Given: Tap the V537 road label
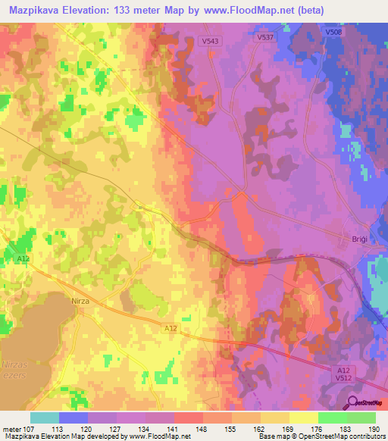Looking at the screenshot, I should [264, 36].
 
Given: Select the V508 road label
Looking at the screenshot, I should [334, 33].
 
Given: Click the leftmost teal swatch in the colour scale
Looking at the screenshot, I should [45, 418].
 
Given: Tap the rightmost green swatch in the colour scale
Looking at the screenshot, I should [361, 418].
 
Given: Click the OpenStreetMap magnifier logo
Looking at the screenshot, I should [354, 402].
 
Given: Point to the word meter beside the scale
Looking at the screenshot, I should [10, 430].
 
